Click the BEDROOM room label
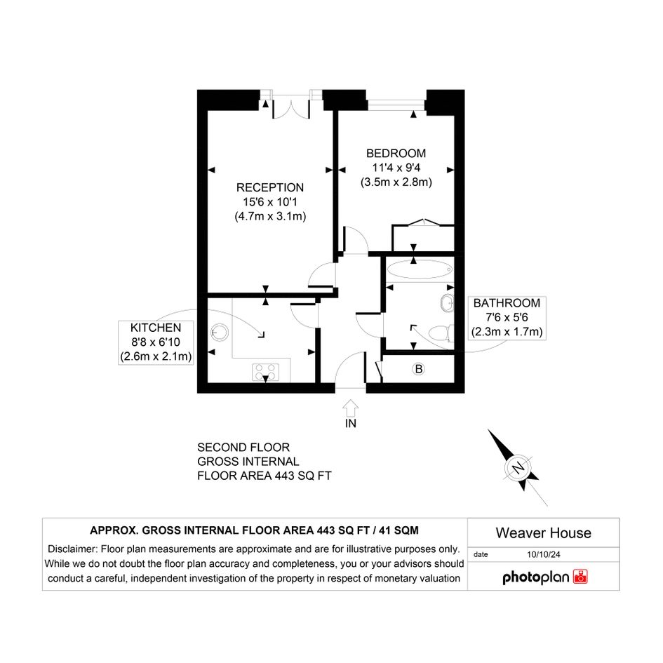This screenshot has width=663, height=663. click(396, 153)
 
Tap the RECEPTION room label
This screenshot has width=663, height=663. click(270, 187)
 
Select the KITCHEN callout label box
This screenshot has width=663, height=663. click(156, 342)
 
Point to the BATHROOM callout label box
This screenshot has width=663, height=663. click(507, 318)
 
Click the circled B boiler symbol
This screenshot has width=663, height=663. click(419, 369)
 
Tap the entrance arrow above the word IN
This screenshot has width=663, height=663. click(350, 408)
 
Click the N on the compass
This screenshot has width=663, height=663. click(518, 468)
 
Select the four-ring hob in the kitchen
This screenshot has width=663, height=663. click(265, 372)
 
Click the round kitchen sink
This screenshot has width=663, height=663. click(220, 333)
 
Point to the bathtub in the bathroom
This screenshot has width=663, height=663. click(420, 269)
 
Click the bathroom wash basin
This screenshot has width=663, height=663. click(447, 303)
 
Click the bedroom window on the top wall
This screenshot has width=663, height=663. click(396, 105)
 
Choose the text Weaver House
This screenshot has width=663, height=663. click(543, 533)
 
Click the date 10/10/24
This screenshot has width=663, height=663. click(543, 554)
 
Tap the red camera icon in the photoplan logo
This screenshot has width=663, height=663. click(580, 577)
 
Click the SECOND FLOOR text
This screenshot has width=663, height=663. click(243, 448)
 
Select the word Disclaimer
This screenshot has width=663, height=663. click(71, 549)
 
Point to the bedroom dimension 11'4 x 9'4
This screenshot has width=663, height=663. click(396, 168)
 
